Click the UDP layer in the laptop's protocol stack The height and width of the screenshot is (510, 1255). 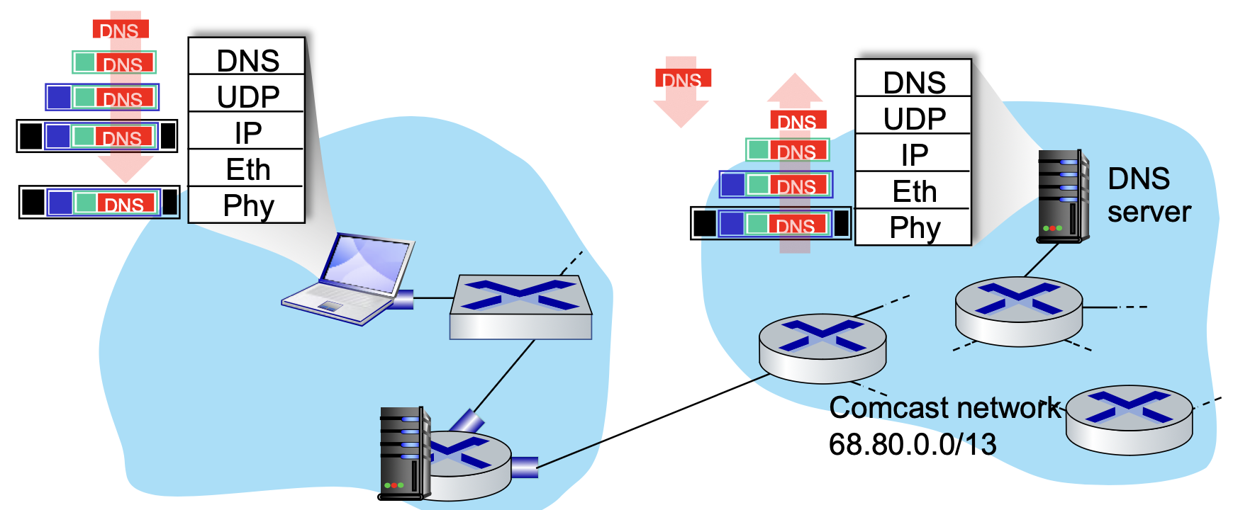[x=247, y=96]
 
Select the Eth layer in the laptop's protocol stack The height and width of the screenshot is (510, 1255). [x=247, y=169]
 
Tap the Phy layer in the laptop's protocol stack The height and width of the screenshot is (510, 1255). [x=247, y=205]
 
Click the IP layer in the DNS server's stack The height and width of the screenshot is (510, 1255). [x=913, y=154]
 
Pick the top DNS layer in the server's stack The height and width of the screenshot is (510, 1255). [x=913, y=82]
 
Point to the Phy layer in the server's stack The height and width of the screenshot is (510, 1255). [x=913, y=227]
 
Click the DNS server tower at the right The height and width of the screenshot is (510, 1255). [x=1062, y=196]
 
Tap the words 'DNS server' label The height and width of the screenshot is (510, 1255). [x=1149, y=195]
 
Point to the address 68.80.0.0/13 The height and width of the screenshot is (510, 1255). [x=912, y=445]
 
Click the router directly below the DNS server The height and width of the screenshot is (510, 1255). [x=1018, y=312]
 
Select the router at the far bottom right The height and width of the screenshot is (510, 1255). [x=1129, y=419]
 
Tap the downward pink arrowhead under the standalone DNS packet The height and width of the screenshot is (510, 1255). [x=681, y=113]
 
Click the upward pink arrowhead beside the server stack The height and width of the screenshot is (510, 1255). [x=795, y=89]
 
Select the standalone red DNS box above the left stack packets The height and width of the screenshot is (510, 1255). [x=120, y=29]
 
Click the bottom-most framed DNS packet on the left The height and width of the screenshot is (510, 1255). [x=99, y=203]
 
